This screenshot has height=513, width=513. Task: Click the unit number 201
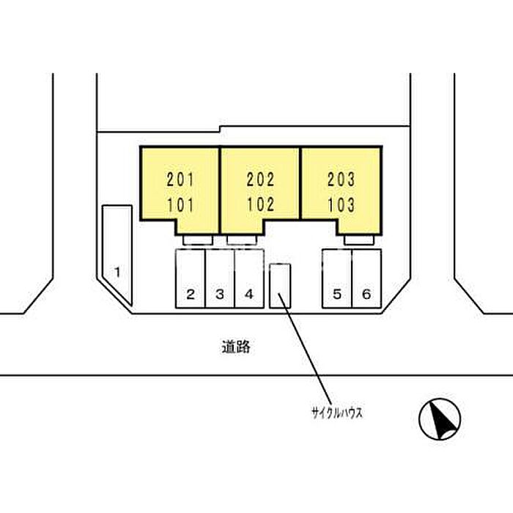click(x=180, y=180)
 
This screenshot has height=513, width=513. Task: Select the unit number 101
click(x=180, y=205)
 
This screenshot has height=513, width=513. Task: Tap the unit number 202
click(x=260, y=180)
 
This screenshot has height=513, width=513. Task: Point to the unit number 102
click(x=260, y=204)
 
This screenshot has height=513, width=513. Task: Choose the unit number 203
click(x=341, y=180)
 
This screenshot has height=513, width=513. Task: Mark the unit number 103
click(x=341, y=205)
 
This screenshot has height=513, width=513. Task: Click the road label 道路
click(x=236, y=347)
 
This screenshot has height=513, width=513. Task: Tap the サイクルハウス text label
click(x=337, y=413)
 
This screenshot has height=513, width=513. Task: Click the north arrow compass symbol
click(x=440, y=419)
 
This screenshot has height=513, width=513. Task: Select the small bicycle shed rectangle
click(x=280, y=286)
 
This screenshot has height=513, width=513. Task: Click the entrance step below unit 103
click(x=359, y=240)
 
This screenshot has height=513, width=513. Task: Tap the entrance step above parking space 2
click(x=198, y=240)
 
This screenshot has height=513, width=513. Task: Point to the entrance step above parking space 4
click(x=242, y=240)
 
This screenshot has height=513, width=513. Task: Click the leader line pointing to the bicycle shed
click(x=305, y=349)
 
